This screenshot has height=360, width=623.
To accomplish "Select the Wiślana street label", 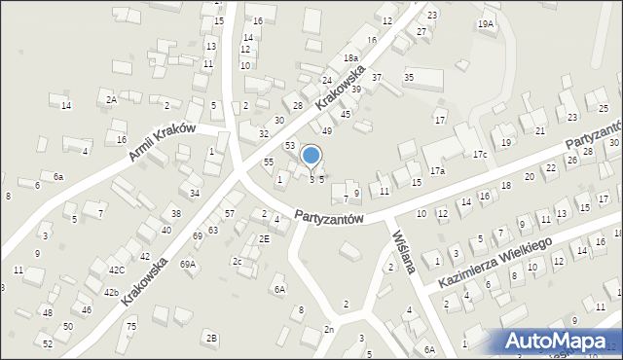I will tap(404, 251).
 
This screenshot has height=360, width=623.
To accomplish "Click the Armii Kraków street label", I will tap(160, 143).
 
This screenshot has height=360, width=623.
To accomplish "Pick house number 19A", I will tap(485, 23).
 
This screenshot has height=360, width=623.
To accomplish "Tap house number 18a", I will tap(350, 58).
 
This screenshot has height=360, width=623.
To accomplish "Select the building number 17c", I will tap(480, 155).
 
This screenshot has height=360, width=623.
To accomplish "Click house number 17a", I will tap(438, 171).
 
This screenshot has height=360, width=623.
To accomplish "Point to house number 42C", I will tap(117, 270).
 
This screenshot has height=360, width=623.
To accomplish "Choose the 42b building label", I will tap(111, 292).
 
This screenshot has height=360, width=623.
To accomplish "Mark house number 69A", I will tap(188, 264).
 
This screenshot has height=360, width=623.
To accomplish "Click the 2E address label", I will tap(264, 238).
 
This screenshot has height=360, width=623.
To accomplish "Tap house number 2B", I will tap(211, 338).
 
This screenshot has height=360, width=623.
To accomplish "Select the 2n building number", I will tap(329, 330).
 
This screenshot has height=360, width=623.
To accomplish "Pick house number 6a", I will tap(58, 176).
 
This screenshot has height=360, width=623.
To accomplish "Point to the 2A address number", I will tap(112, 99).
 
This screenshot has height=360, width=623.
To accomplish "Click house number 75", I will tap(131, 326).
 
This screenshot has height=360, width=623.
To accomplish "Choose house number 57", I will tap(230, 213).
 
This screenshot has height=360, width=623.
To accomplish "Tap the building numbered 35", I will tap(409, 77).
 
